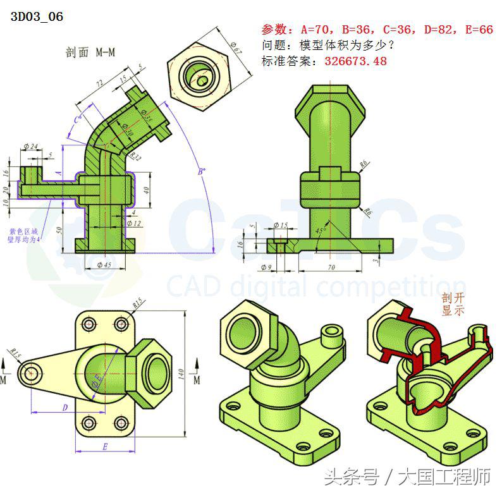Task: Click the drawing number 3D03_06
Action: point(37,17)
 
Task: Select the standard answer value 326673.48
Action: point(355,61)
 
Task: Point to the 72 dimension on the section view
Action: point(99,85)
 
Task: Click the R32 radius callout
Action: point(134,155)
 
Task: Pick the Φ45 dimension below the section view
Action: point(103,265)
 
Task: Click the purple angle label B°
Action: point(200,171)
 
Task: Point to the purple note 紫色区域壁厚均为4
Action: point(23,235)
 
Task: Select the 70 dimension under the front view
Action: point(330,267)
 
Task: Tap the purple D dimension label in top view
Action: point(64,408)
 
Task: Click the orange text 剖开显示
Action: point(453,304)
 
